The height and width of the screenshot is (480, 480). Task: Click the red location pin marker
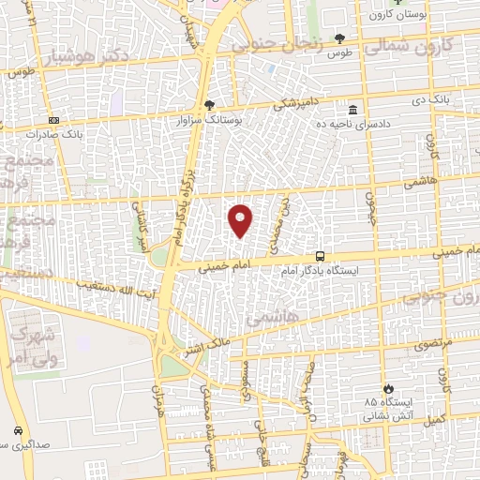[241, 219]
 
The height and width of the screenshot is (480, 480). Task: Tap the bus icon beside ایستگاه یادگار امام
[321, 256]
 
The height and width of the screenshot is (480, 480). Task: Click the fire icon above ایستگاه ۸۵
[386, 387]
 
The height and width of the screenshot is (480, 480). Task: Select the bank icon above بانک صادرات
[53, 120]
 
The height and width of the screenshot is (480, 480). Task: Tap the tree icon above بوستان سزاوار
[208, 106]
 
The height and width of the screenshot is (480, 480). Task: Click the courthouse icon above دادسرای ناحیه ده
[352, 110]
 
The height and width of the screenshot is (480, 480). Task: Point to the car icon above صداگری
[19, 430]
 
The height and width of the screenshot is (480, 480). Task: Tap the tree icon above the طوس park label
[338, 38]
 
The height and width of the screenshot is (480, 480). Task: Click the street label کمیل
[432, 419]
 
